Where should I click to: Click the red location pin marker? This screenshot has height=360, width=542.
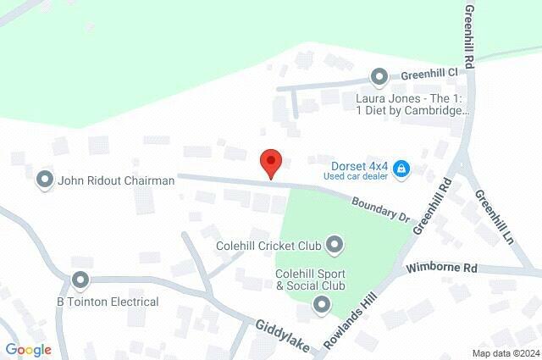coord(270,162)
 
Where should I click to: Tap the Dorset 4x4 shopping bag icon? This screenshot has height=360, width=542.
coord(402,170)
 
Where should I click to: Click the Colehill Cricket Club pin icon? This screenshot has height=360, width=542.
coord(335,246)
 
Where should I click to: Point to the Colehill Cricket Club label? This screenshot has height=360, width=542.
coord(268,246)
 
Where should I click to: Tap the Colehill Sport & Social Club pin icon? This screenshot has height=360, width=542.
coord(322,303)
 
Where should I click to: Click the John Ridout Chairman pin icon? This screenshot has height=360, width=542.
coord(44,180)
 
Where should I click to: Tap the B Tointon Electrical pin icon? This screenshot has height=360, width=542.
coord(80,279)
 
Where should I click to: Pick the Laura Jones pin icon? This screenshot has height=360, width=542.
coord(379,77)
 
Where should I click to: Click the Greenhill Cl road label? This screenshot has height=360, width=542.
coord(429,74)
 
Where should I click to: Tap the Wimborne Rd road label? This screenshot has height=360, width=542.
coord(442,268)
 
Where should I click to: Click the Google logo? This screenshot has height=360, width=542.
coord(28,350)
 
